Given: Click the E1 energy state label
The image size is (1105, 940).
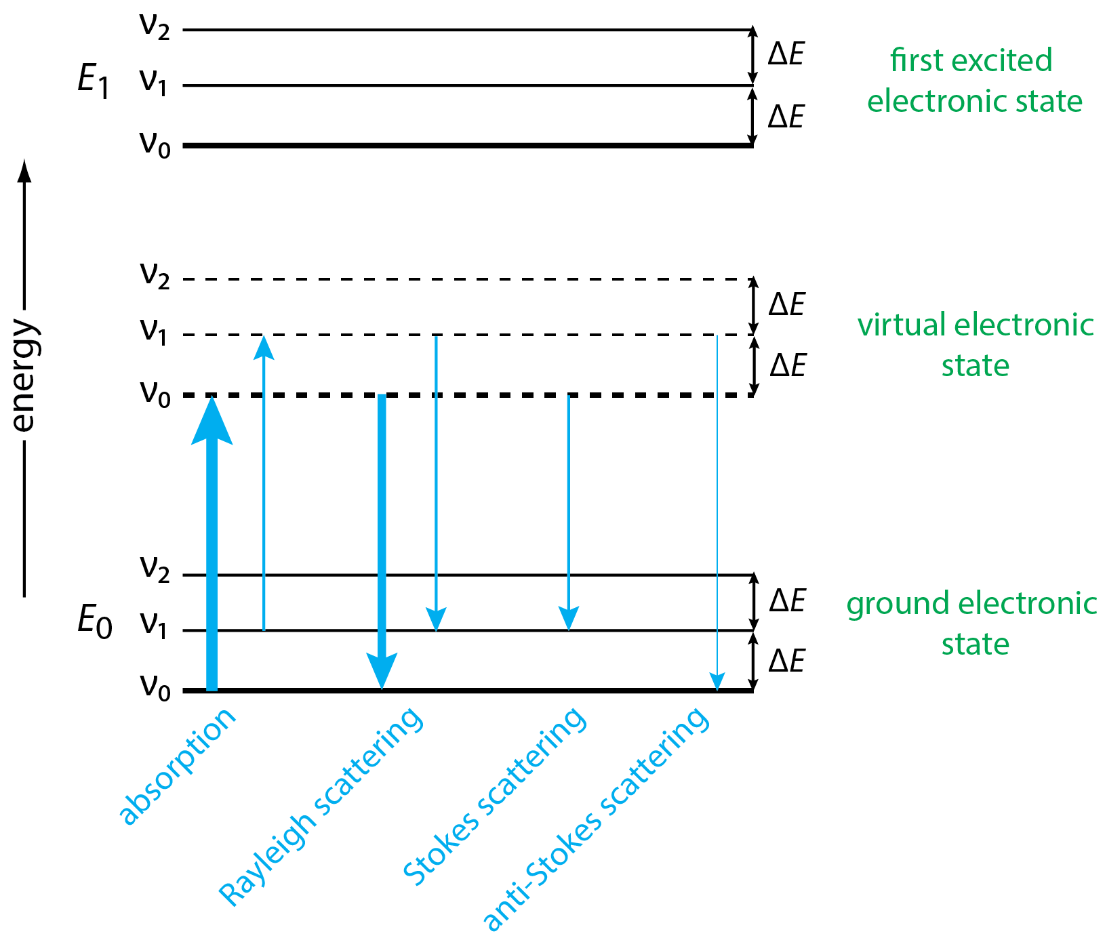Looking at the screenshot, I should point(93,82).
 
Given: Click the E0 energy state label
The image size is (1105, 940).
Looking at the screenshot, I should point(94,621).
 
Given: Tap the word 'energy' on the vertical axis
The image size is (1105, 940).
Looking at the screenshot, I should point(24,375).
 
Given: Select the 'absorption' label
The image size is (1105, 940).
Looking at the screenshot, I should point(178,767).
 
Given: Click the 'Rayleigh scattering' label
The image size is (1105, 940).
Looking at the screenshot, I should point(321,806).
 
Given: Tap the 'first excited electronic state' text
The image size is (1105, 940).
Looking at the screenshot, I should point(973,81).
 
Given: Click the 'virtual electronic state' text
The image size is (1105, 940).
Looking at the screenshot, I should point(975,345).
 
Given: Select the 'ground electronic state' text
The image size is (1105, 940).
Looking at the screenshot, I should point(971,624).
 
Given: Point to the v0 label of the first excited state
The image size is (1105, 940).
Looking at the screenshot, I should point(155,144).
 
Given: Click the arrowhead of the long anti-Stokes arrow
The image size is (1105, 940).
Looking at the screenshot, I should point(717,681).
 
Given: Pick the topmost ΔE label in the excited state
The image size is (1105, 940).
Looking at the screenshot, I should point(786,54).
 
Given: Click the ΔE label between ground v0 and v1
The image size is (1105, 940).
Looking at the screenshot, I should point(786,661).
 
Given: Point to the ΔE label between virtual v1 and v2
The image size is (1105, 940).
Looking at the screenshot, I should point(786,305).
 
